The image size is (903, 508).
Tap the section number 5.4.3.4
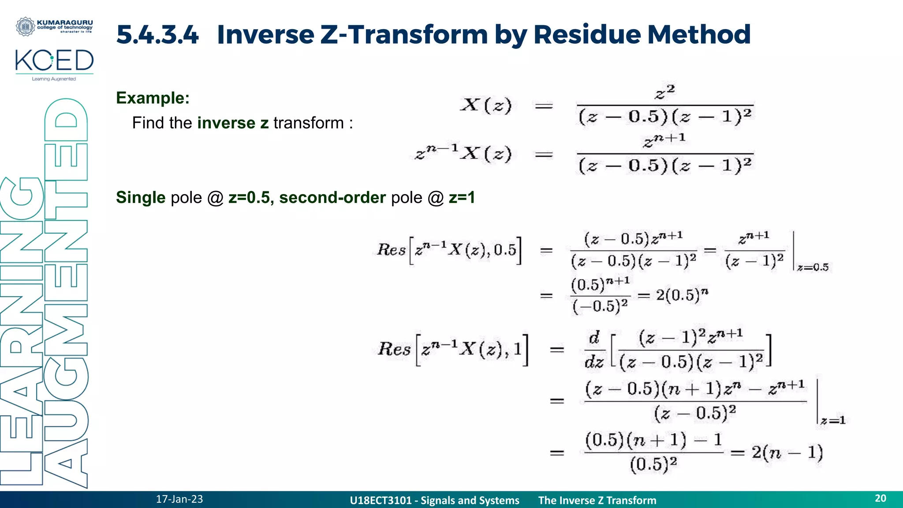coord(157,34)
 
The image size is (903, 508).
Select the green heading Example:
coord(153,98)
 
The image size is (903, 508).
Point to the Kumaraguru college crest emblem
coord(25,26)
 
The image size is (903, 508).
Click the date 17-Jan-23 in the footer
coord(179,499)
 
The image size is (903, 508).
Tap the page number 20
coord(880,498)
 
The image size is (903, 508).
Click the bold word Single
coord(141,198)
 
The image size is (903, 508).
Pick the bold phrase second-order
coord(332,198)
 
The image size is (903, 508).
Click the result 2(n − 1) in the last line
coord(787,452)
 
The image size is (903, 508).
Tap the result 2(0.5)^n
coord(682,295)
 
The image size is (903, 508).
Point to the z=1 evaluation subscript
coord(833,421)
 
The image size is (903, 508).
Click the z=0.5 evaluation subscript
coord(813,267)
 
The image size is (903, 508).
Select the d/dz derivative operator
coord(594,350)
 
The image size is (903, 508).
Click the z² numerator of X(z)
coord(664,93)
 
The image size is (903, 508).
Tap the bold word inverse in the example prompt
coord(226,123)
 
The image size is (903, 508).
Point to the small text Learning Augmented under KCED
coord(54,79)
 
